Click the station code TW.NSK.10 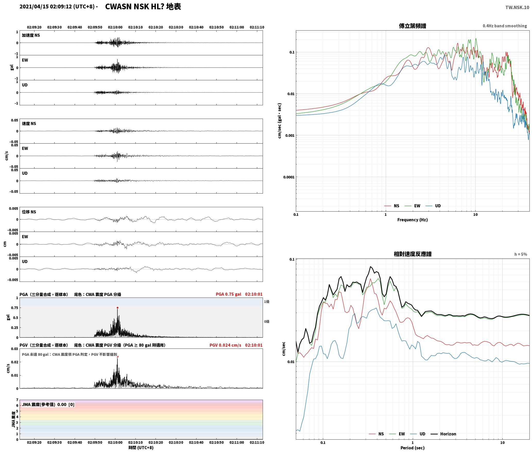click(x=517, y=7)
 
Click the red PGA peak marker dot click(x=117, y=308)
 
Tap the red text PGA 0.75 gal click(x=228, y=294)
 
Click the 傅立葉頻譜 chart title click(x=412, y=26)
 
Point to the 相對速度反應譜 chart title click(x=413, y=254)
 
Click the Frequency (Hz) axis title click(x=412, y=220)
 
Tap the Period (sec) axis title click(x=412, y=448)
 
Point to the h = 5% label click(x=521, y=254)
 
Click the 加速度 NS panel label click(x=31, y=35)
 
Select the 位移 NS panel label click(x=29, y=212)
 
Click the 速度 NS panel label click(x=29, y=124)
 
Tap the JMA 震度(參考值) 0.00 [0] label click(x=48, y=405)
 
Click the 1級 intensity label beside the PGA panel click(x=267, y=302)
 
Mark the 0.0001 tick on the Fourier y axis click(x=289, y=177)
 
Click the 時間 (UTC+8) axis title click(x=141, y=448)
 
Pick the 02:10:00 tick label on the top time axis click(x=115, y=27)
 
